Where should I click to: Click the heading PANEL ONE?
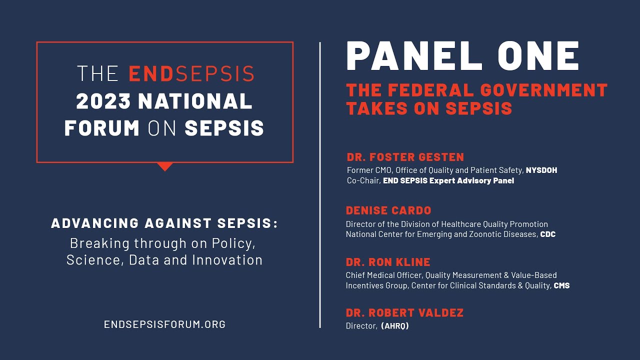(462, 56)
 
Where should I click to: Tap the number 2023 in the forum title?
(104, 101)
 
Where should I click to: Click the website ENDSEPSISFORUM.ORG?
(165, 324)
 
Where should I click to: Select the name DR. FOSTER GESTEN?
(405, 157)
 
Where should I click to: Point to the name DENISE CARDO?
(388, 210)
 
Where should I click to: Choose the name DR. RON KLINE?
(388, 262)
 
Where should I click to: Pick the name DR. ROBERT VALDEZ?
(404, 313)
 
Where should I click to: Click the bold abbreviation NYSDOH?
(541, 170)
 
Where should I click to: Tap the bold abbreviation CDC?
(547, 234)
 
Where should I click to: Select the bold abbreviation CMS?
(562, 286)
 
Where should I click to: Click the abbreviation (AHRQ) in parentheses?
(394, 326)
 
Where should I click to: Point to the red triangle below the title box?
(164, 166)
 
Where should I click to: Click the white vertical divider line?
(320, 185)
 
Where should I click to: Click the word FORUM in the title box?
(102, 128)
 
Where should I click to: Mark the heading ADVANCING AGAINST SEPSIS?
(164, 223)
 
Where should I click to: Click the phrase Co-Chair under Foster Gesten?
(363, 181)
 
